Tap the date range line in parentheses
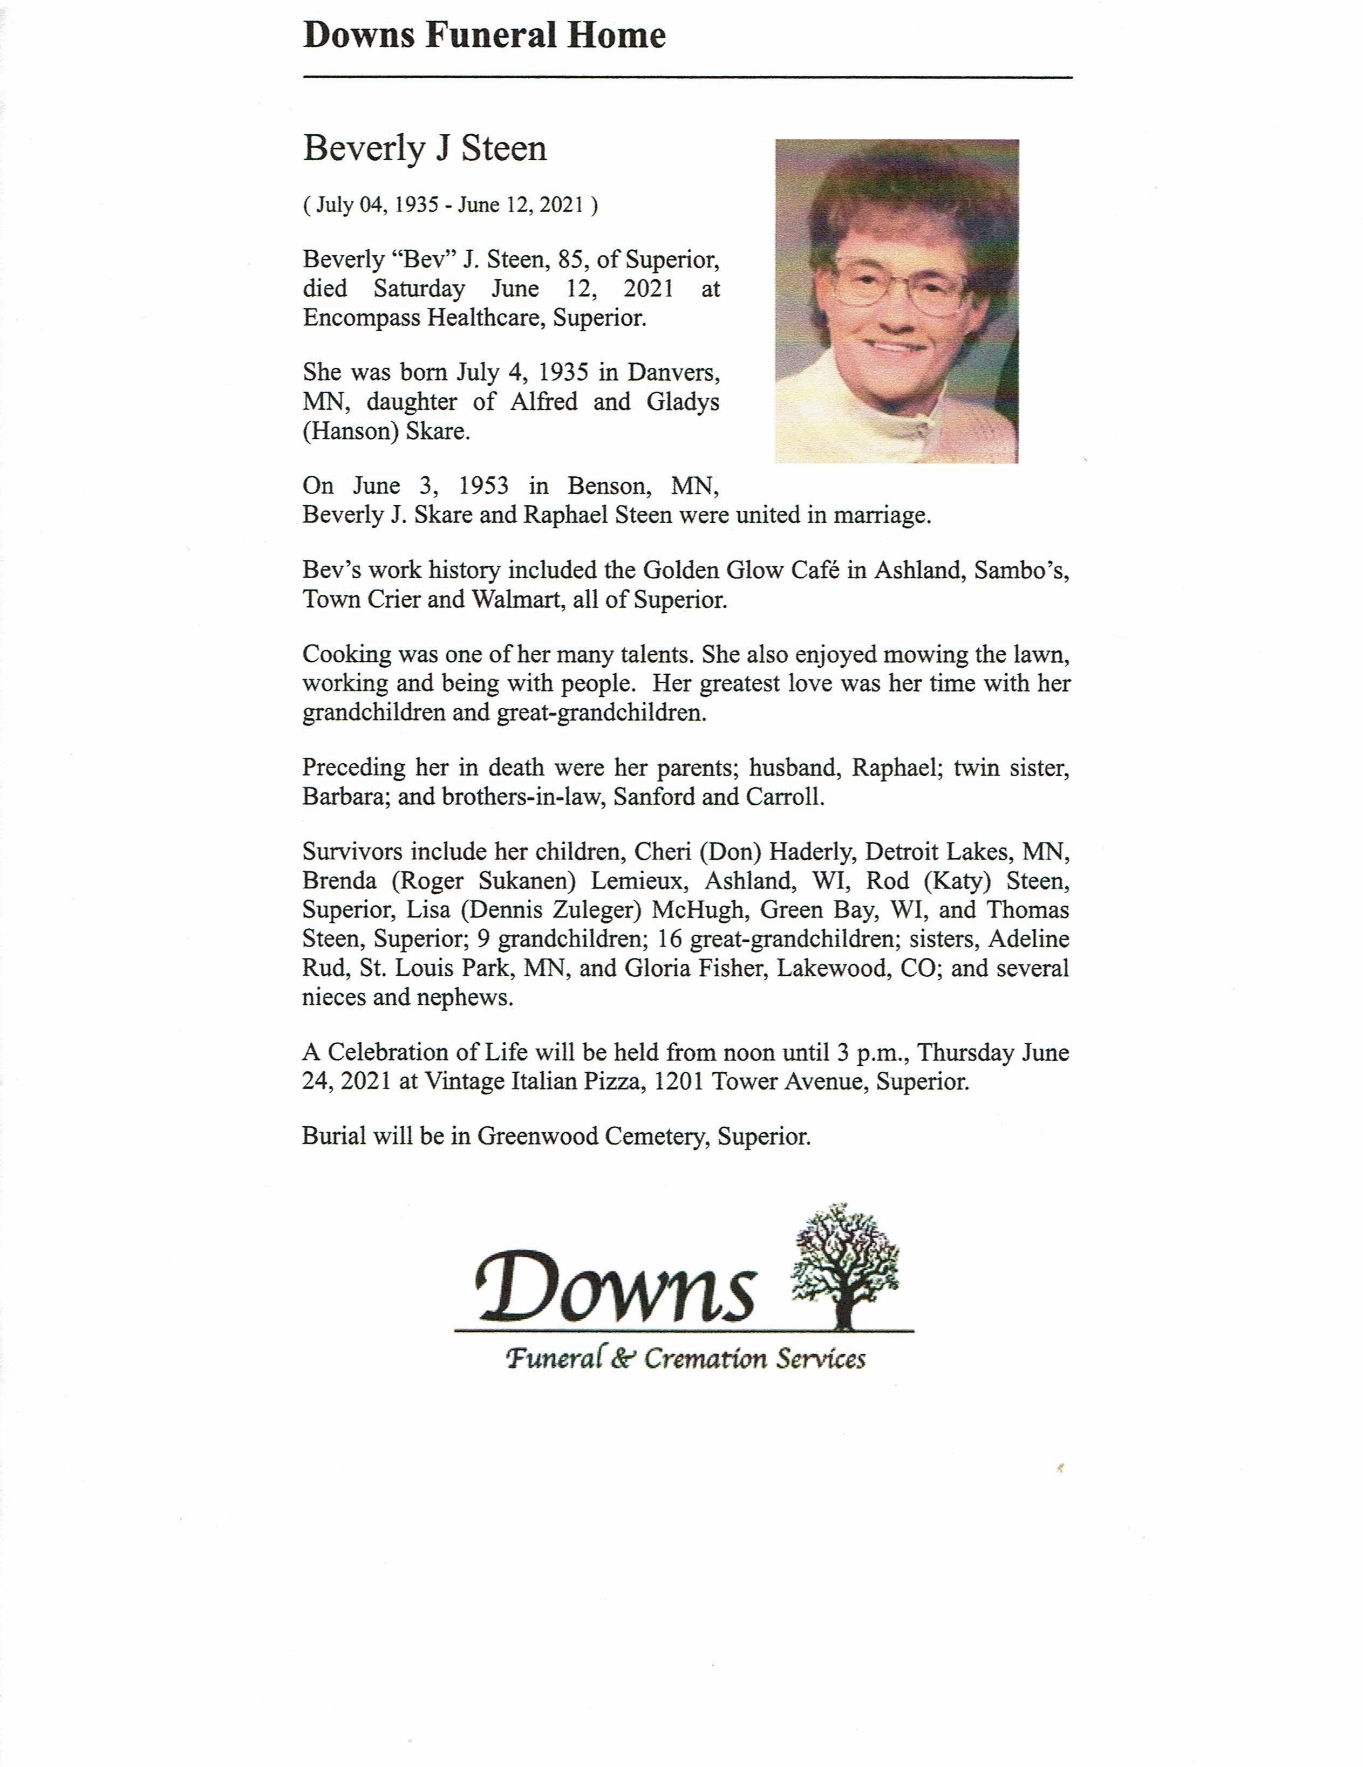(451, 205)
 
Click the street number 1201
(679, 1082)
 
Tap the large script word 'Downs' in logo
(615, 1286)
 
